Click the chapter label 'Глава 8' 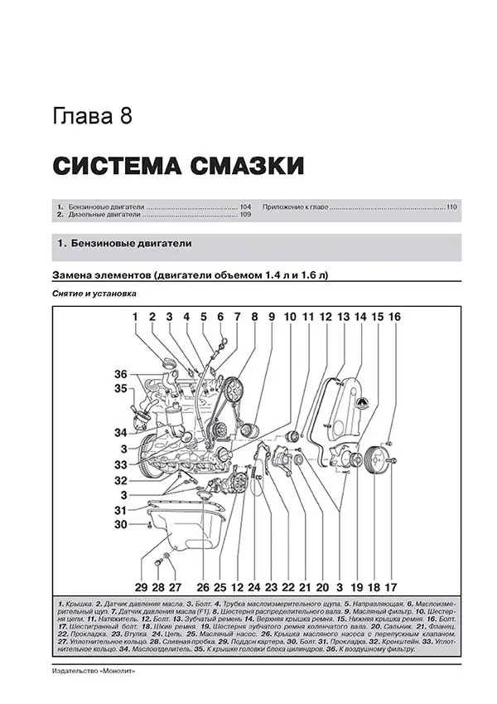point(92,115)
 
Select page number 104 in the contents point(245,206)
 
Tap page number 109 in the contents point(245,215)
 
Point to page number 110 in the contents point(451,206)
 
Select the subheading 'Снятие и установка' point(92,294)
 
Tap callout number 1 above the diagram point(134,317)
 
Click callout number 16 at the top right point(393,317)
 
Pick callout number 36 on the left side point(121,373)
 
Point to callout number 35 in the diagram point(121,388)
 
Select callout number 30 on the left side point(121,523)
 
